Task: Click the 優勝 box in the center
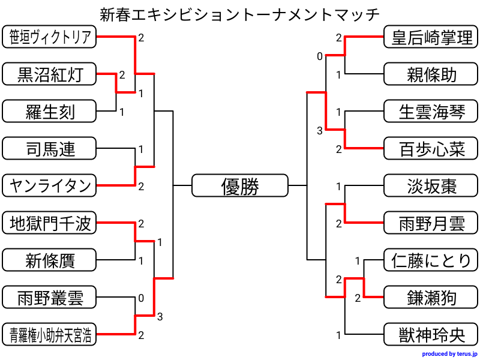tap(239, 185)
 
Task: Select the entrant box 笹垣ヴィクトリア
tap(49, 37)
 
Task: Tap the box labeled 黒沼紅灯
tap(49, 74)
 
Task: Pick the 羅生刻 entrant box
tap(49, 111)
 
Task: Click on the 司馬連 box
tap(49, 148)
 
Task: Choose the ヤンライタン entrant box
tap(49, 185)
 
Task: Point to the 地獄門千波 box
tap(49, 223)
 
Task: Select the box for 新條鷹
tap(49, 260)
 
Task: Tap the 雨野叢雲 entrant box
tap(49, 297)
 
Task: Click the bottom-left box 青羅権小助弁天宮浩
tap(49, 334)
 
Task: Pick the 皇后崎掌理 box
tap(431, 37)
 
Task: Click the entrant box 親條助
tap(431, 74)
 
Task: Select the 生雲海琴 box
tap(431, 111)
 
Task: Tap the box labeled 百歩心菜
tap(431, 148)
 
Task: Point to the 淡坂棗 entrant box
tap(431, 185)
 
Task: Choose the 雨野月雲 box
tap(431, 223)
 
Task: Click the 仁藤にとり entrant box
tap(431, 260)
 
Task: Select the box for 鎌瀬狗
tap(431, 297)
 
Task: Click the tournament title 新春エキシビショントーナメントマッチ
tap(239, 14)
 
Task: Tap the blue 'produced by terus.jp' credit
tap(449, 354)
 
